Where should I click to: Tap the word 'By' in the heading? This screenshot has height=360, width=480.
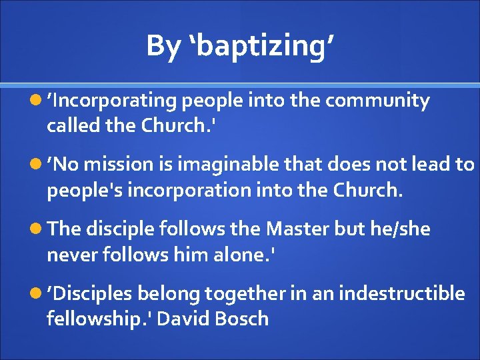pos(163,47)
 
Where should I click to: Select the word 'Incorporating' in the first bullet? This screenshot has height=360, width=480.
pos(114,101)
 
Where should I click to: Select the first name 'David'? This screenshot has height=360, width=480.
pos(184,318)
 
